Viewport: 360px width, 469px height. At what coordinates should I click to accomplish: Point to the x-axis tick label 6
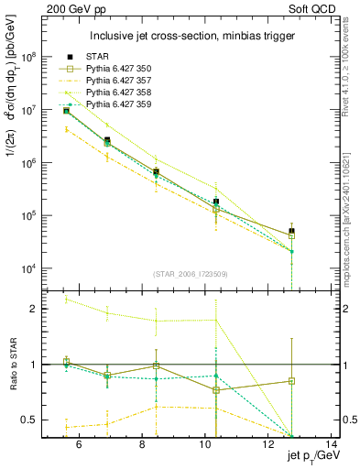pos(78,446)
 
